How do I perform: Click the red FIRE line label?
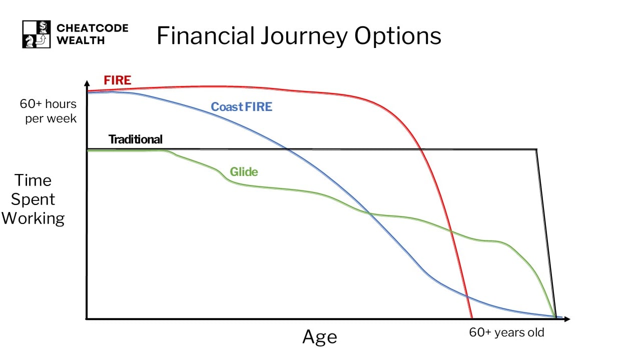[117, 80]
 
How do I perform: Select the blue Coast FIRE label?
[241, 106]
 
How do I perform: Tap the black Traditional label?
[136, 139]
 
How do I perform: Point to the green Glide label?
[244, 172]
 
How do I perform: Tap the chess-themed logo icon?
[36, 34]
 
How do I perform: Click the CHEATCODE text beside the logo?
[92, 28]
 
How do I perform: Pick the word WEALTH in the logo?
[81, 40]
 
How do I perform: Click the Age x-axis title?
[319, 337]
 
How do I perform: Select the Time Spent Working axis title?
[33, 199]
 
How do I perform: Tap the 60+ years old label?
[506, 332]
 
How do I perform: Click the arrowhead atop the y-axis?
[87, 82]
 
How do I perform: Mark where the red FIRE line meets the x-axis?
[472, 318]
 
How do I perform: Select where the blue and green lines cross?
[370, 213]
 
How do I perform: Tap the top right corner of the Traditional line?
[537, 149]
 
